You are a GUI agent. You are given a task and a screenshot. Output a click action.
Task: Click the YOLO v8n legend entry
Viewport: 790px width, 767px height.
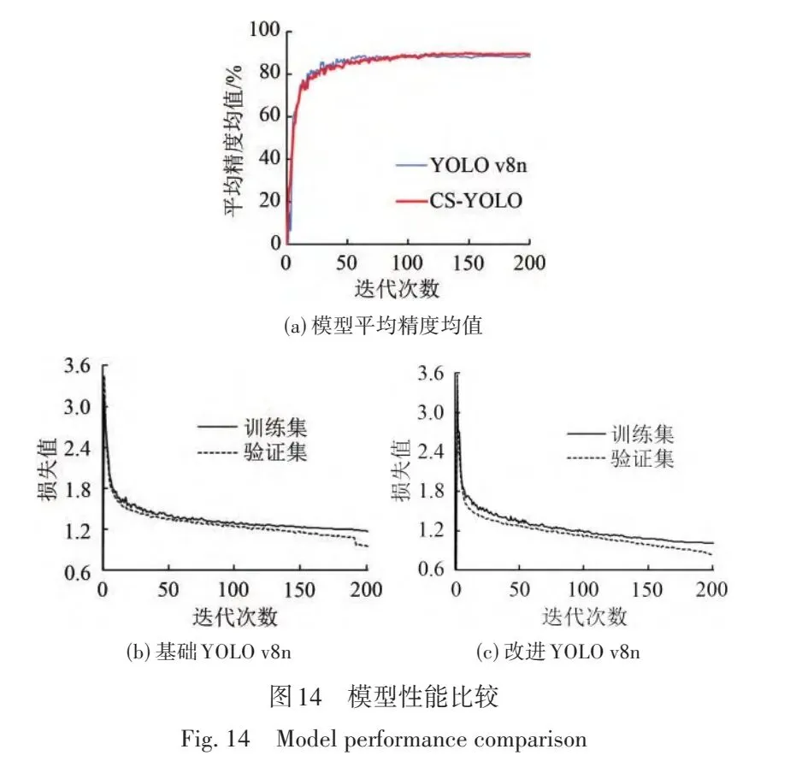(x=462, y=165)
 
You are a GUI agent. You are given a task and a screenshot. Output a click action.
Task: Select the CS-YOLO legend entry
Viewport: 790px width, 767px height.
(x=459, y=201)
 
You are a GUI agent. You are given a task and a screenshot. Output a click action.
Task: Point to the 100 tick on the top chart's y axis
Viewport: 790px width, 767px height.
(x=265, y=30)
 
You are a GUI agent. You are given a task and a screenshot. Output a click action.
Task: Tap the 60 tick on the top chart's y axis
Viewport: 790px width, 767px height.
(x=269, y=115)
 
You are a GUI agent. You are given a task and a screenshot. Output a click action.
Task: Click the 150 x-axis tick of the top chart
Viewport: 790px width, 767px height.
(x=468, y=263)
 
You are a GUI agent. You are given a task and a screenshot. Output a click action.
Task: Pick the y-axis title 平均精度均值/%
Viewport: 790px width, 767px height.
(x=233, y=141)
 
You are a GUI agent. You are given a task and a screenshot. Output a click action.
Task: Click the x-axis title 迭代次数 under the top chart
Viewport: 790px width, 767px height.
(x=397, y=289)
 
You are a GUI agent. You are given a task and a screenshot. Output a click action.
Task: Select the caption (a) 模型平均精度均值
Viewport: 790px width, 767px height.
(x=383, y=326)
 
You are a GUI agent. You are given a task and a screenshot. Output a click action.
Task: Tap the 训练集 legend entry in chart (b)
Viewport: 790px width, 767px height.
(x=252, y=428)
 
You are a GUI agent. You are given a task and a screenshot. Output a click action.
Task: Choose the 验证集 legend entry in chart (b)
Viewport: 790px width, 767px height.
(x=252, y=452)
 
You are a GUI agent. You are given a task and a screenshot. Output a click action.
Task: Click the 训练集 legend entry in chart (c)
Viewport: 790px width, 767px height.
(x=621, y=434)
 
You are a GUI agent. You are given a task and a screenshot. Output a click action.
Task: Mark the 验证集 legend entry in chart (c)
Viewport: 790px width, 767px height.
(x=621, y=458)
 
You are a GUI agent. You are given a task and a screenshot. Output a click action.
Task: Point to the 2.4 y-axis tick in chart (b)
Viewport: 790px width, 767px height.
(x=77, y=449)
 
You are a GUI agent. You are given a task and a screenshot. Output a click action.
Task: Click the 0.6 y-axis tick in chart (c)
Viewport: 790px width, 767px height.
(x=431, y=569)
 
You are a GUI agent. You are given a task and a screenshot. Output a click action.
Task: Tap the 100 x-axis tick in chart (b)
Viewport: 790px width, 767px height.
(x=233, y=590)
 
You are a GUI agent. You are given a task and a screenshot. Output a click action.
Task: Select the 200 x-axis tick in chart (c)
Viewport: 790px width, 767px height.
(x=712, y=590)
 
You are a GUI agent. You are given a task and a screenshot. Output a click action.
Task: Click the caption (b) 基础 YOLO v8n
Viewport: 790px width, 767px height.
(x=209, y=652)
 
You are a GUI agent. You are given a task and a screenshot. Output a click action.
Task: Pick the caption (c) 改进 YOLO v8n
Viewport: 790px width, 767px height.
(x=558, y=652)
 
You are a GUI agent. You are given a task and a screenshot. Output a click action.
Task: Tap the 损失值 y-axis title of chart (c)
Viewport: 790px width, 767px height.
(x=401, y=470)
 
